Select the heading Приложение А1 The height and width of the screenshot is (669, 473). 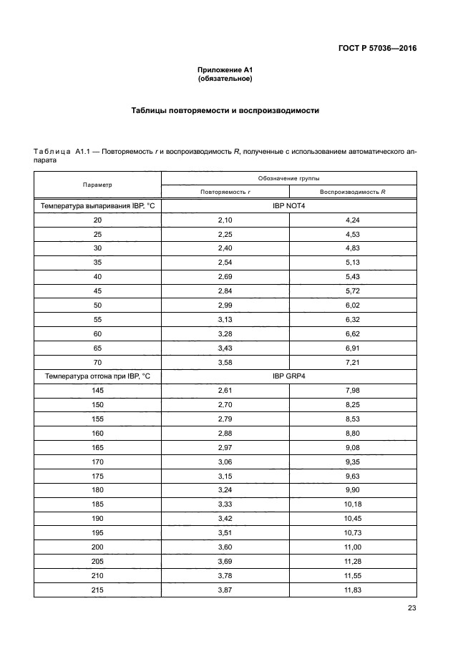pos(225,69)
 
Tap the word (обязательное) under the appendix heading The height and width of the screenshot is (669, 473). pos(225,78)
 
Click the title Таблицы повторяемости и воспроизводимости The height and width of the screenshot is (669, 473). pos(225,111)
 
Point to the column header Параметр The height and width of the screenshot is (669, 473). pos(97,185)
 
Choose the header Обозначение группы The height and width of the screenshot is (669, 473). pos(289,177)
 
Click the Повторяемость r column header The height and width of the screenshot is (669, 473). pos(225,192)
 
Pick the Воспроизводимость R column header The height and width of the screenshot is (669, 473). pos(353,192)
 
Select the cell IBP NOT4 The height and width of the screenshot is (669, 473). pos(289,206)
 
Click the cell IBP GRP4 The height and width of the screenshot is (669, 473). pos(289,376)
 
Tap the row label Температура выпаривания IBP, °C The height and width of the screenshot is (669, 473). pos(97,206)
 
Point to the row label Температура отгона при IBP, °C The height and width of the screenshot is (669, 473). pos(97,376)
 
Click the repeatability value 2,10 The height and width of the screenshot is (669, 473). pos(225,220)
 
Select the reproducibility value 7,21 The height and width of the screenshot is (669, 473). pos(353,362)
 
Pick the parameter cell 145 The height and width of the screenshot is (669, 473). pos(97,390)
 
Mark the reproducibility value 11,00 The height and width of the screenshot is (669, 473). pos(353,546)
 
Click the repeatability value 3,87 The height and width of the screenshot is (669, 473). pos(225,589)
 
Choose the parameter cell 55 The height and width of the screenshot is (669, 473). pos(97,320)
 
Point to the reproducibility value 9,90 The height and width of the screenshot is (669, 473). pos(353,489)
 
